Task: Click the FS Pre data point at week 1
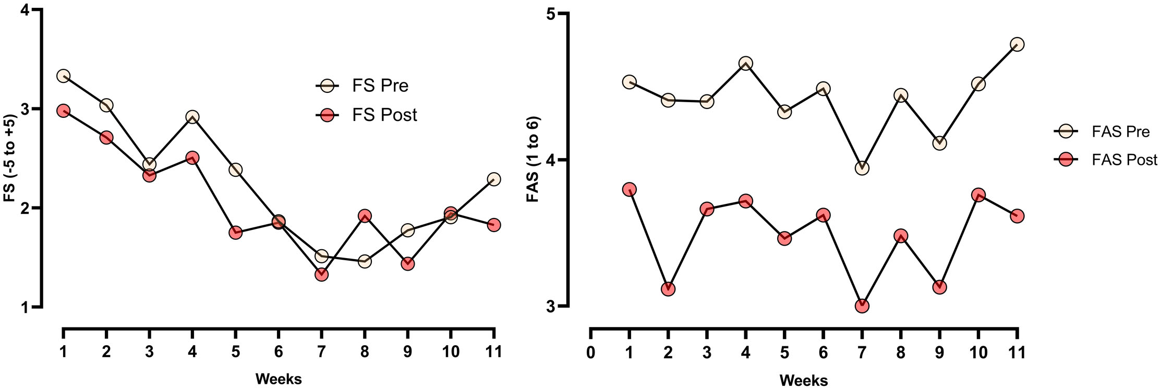(63, 76)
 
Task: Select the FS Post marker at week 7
(321, 274)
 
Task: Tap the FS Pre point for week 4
(192, 117)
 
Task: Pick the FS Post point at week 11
(494, 225)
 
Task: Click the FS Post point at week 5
(235, 233)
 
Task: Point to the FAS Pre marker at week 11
(1017, 44)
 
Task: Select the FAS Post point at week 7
(862, 306)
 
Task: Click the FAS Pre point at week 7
(862, 168)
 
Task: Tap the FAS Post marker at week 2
(668, 289)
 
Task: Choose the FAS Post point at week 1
(629, 189)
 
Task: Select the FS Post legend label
(384, 115)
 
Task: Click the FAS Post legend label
(1124, 160)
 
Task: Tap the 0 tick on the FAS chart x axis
(590, 353)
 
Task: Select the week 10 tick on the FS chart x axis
(451, 352)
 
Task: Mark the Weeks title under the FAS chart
(803, 380)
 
